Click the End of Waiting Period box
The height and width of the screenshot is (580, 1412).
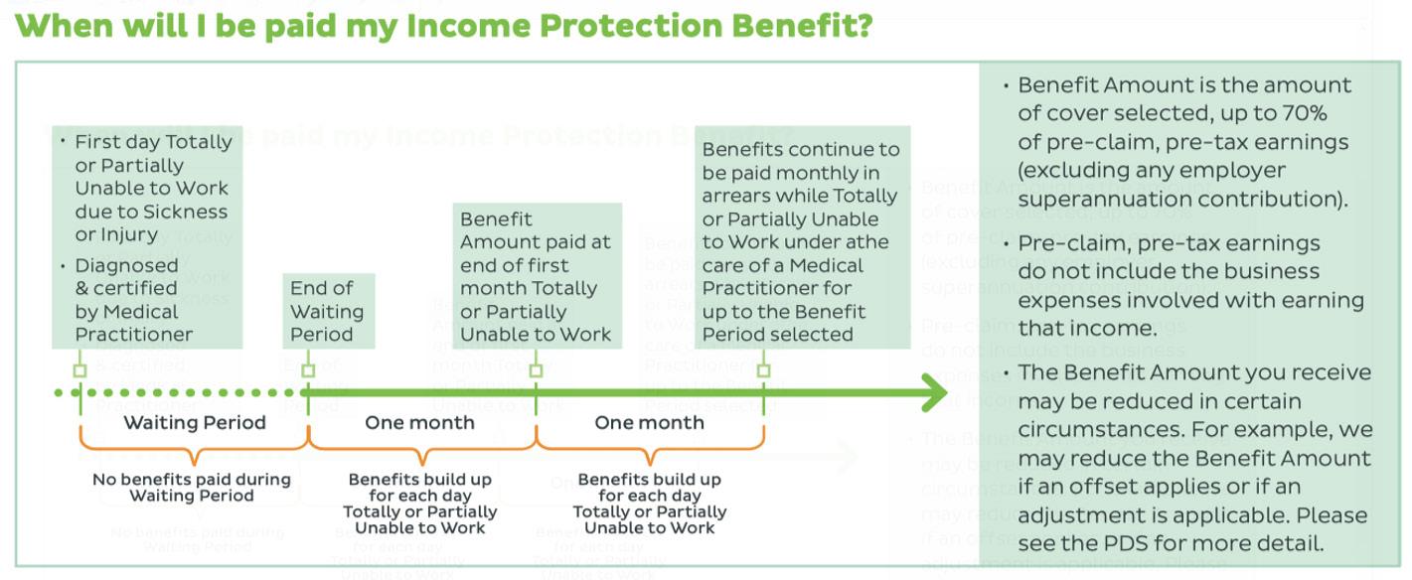(x=327, y=311)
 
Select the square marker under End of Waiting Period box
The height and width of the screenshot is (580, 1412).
(x=308, y=370)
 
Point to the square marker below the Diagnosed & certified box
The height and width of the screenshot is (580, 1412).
(x=80, y=370)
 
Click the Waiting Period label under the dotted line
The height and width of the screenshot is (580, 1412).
(x=195, y=422)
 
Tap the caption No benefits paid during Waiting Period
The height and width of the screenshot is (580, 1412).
(x=192, y=487)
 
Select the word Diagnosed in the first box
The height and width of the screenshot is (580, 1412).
(x=126, y=265)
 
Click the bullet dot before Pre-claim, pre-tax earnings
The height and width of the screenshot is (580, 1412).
(x=1007, y=244)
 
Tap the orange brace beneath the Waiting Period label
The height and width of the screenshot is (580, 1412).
(x=195, y=453)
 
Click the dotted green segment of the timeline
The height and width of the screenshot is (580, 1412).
(x=179, y=393)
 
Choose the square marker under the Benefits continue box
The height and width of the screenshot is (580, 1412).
(x=763, y=370)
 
